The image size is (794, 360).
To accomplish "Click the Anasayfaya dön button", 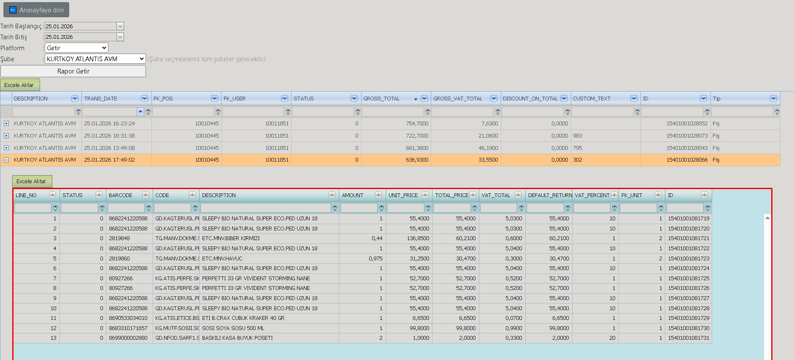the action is (36, 10).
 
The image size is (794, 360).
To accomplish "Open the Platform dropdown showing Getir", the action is (76, 48).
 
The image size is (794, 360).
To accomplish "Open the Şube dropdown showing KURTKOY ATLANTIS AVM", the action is (95, 59).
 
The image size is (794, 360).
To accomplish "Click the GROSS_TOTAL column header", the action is (381, 98).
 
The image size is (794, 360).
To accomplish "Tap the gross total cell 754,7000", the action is (417, 124).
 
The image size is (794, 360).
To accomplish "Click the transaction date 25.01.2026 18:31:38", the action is (109, 136).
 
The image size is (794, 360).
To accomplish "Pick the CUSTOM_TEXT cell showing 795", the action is (578, 148).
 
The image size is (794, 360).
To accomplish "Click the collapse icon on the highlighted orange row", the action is (6, 160).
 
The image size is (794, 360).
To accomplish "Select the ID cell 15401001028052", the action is (687, 124).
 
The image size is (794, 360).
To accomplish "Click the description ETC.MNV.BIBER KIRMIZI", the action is (231, 238).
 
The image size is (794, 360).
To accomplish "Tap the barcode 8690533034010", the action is (128, 318).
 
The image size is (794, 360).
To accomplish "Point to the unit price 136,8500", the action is (418, 238).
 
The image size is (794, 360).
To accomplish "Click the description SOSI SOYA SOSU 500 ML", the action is (233, 328).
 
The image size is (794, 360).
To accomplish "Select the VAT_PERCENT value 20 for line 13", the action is (612, 338).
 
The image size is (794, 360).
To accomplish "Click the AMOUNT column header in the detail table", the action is (353, 195).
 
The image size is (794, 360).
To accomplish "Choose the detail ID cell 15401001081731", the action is (689, 338).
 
